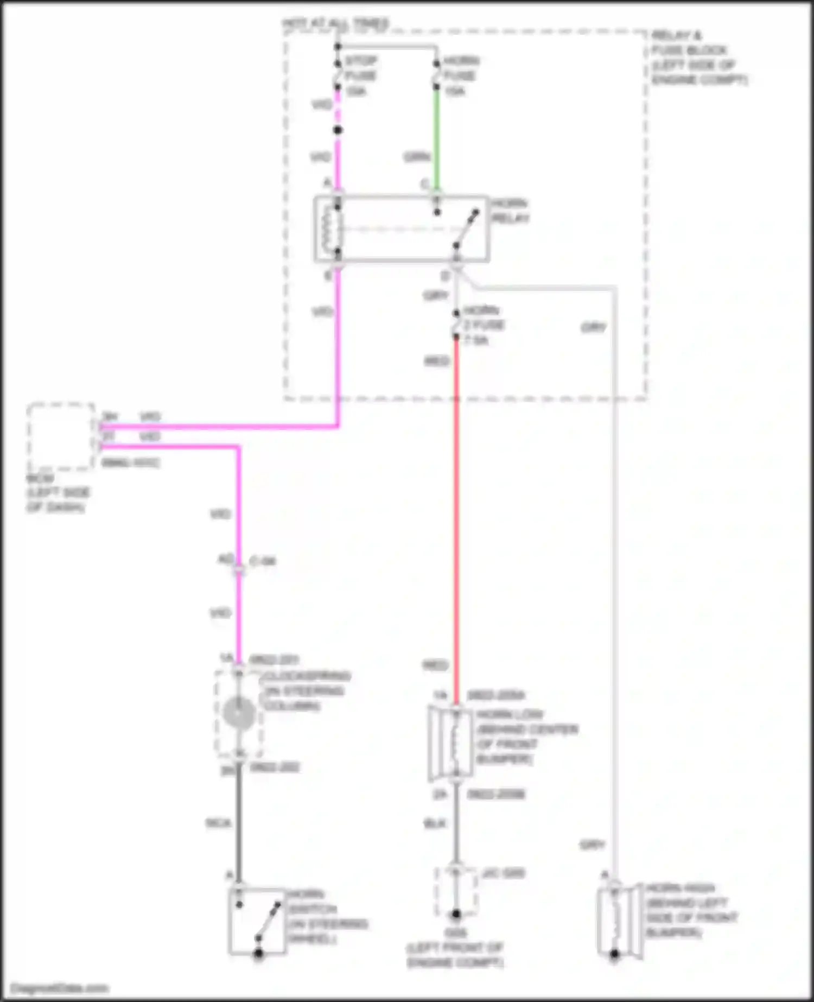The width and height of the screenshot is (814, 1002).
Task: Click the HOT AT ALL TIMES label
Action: pyautogui.click(x=335, y=23)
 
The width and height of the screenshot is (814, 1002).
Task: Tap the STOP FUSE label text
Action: pyautogui.click(x=360, y=68)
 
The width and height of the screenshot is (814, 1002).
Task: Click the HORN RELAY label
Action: pyautogui.click(x=510, y=211)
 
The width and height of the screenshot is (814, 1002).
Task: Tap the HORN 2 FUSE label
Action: pyautogui.click(x=482, y=325)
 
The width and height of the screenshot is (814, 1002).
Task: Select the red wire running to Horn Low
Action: pyautogui.click(x=456, y=516)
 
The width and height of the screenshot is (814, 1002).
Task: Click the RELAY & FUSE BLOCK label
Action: pyautogui.click(x=697, y=58)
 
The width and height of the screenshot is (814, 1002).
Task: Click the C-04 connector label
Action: pyautogui.click(x=263, y=561)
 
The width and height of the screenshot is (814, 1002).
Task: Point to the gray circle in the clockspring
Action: pyautogui.click(x=238, y=713)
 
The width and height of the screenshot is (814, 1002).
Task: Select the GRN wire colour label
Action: pyautogui.click(x=417, y=157)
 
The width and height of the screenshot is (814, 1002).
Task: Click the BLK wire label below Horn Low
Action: pyautogui.click(x=435, y=823)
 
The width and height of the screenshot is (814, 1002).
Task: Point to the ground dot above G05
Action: pyautogui.click(x=456, y=914)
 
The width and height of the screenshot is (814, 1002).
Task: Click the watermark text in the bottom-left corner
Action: pyautogui.click(x=60, y=988)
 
